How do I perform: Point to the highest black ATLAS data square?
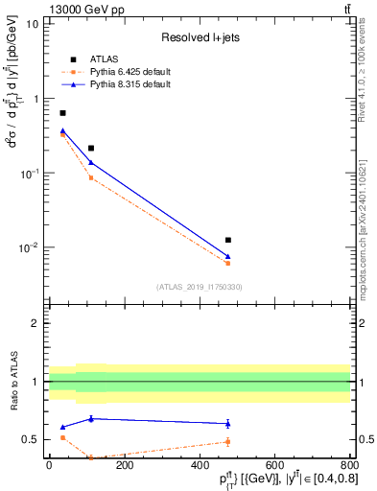[x=63, y=113]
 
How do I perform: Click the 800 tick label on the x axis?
[x=348, y=465]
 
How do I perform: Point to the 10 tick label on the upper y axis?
[x=33, y=23]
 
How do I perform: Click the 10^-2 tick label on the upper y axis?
[x=30, y=247]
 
